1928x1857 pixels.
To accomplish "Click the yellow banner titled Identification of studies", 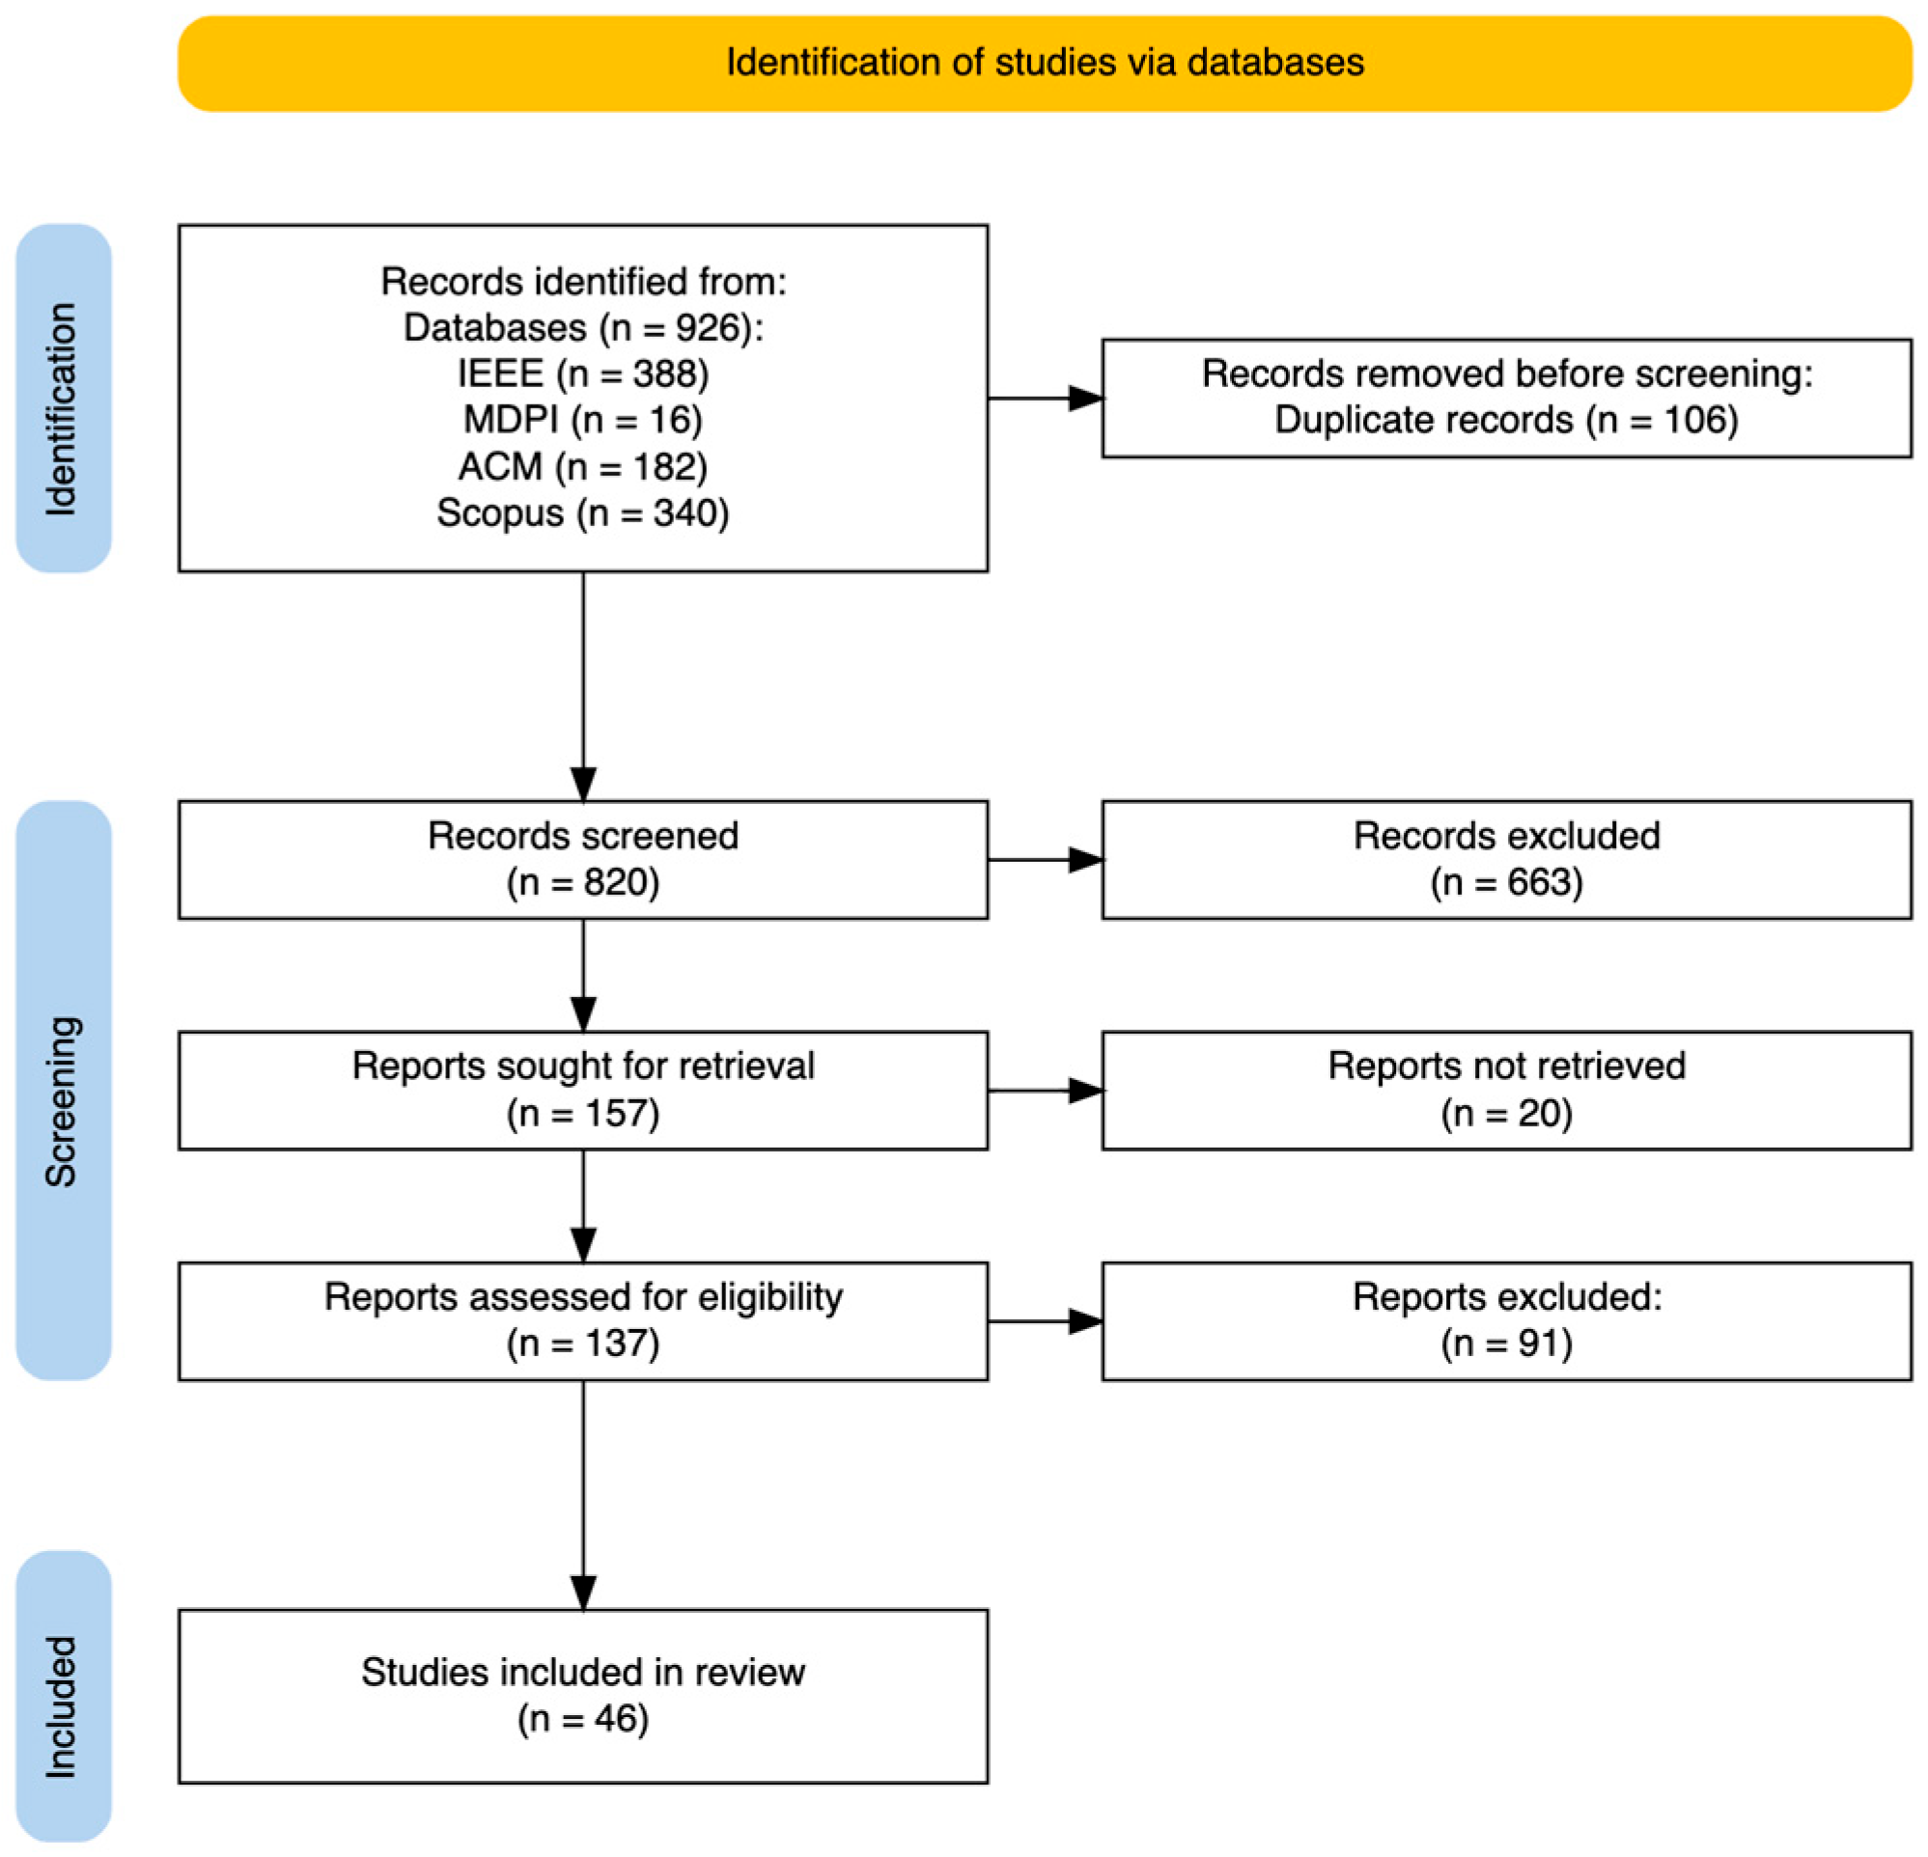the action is (1045, 63).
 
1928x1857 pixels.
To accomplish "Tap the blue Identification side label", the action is (63, 399).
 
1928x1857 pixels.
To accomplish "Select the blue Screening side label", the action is (63, 1091).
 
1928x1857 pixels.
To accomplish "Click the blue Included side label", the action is (63, 1697).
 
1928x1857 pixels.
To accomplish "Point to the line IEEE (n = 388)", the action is (583, 374).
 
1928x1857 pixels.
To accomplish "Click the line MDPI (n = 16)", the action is (583, 420).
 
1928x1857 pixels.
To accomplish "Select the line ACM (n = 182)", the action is (583, 466).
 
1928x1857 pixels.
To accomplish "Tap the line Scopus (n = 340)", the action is (583, 513).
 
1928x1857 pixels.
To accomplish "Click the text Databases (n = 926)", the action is (583, 327).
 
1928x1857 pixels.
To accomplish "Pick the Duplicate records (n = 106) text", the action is (1507, 420).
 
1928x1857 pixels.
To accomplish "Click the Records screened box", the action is (583, 860).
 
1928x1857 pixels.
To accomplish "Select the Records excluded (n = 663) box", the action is (1507, 860).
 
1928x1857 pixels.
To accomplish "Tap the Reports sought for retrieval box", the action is (583, 1091).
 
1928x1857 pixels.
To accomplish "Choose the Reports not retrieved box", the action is (1507, 1091).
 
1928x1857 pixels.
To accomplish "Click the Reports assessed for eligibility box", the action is (583, 1321).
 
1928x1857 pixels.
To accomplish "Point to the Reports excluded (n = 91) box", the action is (1507, 1321).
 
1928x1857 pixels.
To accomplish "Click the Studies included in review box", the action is (583, 1696).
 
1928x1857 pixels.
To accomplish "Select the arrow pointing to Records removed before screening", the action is (1046, 399).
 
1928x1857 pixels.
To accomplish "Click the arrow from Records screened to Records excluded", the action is (1046, 860).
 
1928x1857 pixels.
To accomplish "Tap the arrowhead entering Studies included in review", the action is (583, 1594).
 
